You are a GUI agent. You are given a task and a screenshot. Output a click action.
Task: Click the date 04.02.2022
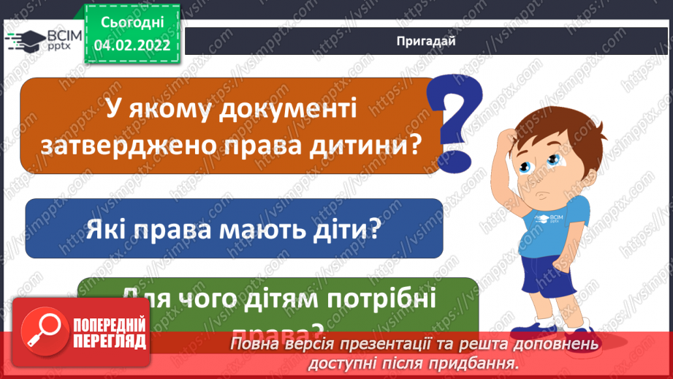coord(132,44)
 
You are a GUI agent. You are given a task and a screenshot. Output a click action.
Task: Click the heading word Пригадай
coord(426,41)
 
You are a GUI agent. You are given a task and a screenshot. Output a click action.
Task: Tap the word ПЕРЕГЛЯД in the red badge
coord(110,340)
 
